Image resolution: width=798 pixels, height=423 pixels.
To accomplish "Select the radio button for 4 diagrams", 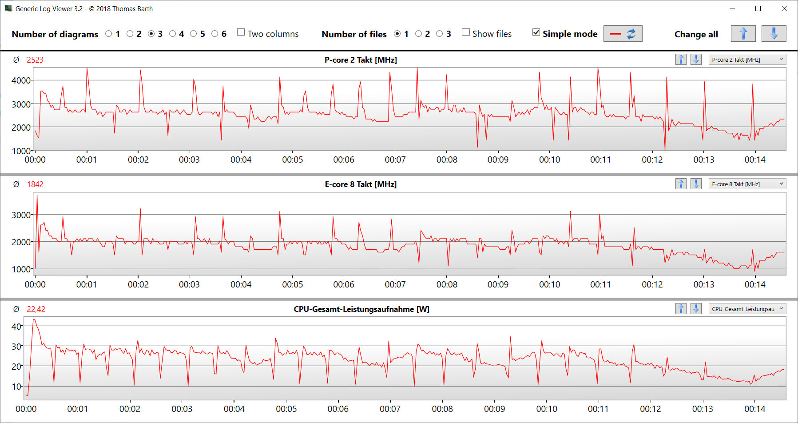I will [x=173, y=34].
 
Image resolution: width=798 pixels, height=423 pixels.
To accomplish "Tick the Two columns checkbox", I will [x=241, y=32].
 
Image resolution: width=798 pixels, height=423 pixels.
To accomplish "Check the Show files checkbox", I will [x=466, y=32].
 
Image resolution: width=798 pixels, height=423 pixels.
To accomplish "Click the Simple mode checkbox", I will [x=536, y=32].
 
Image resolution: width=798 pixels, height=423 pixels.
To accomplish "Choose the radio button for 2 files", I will [x=419, y=34].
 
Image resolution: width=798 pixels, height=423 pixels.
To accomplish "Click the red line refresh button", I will [x=623, y=34].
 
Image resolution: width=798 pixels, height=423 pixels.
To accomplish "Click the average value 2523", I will [x=35, y=60].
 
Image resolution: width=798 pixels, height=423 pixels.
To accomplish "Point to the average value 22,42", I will [x=36, y=309].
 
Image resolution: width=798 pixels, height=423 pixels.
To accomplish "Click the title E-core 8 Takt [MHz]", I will [x=361, y=184].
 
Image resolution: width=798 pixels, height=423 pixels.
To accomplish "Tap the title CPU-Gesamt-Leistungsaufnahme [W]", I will [x=361, y=309].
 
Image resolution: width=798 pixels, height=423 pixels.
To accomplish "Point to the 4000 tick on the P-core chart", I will [x=21, y=80].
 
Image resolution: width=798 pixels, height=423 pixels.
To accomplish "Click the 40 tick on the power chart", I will [x=16, y=327].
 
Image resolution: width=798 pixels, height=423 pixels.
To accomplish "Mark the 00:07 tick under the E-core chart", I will [x=395, y=284].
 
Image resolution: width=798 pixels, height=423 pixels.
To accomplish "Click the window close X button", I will [x=784, y=8].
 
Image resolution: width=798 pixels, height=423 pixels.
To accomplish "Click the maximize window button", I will [x=758, y=8].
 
